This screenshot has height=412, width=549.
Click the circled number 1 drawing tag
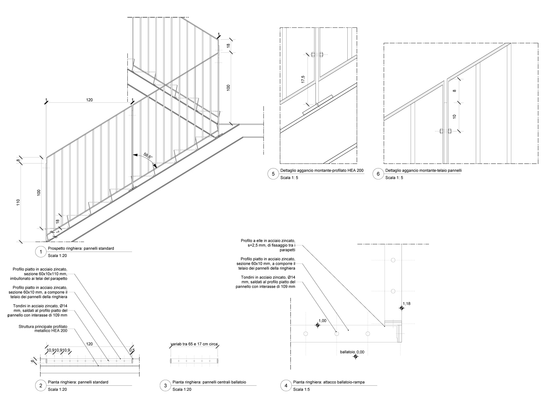click(41, 252)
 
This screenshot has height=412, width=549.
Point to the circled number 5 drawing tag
click(273, 174)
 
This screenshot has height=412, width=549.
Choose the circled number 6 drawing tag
click(378, 174)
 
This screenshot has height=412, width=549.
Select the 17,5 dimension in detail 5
click(303, 79)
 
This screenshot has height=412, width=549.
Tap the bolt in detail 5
click(317, 55)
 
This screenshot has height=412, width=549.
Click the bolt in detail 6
click(445, 131)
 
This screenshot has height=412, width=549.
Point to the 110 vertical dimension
click(18, 202)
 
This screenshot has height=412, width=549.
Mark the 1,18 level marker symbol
click(402, 308)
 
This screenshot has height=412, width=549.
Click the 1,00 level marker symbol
click(318, 325)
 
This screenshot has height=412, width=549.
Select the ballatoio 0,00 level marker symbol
click(355, 356)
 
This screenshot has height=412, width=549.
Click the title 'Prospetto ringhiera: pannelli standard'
click(81, 248)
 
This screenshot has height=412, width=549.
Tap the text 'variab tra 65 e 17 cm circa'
click(194, 344)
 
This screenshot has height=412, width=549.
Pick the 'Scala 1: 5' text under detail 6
click(394, 178)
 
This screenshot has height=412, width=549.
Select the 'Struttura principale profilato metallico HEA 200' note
click(43, 329)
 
